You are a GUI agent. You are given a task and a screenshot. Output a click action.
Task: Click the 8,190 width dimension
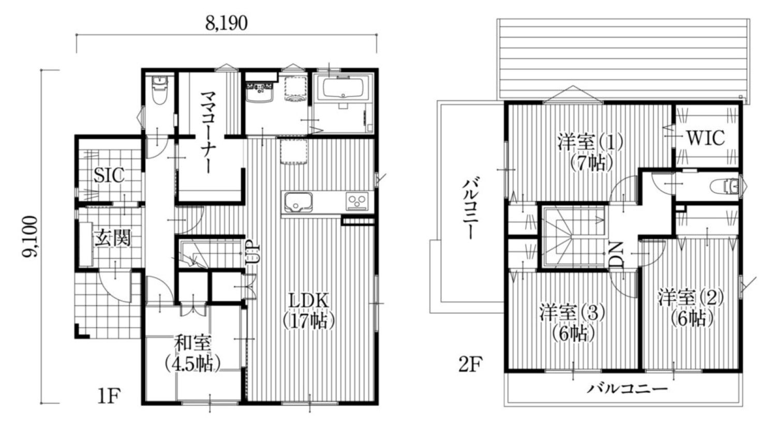(227, 24)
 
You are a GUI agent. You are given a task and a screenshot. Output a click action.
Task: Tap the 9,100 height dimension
(30, 237)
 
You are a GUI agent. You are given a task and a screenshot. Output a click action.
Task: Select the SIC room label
(110, 175)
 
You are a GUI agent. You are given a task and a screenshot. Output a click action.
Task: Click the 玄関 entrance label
(113, 238)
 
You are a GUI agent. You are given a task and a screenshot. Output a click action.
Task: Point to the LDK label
(309, 301)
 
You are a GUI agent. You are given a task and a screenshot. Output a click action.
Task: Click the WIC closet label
(706, 138)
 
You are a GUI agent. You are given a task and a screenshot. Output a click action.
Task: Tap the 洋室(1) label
(591, 142)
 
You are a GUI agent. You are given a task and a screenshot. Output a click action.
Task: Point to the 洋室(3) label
(572, 313)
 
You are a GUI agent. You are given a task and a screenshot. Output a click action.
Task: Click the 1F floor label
(109, 396)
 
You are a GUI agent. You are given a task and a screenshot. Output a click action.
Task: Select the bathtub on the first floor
(344, 88)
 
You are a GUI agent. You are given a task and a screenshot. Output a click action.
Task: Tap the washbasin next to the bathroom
(260, 93)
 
